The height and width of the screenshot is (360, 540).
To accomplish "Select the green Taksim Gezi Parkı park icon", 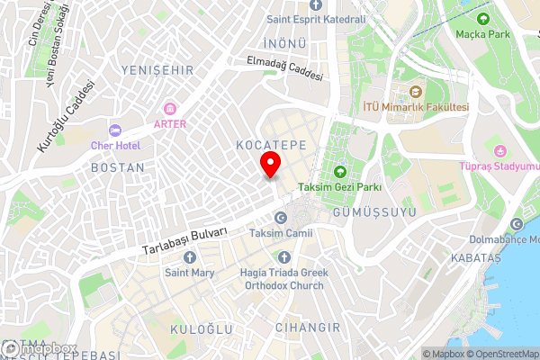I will pyautogui.click(x=341, y=171).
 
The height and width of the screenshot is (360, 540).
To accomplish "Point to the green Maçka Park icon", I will pyautogui.click(x=484, y=19).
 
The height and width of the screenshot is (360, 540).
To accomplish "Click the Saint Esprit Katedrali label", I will pyautogui.click(x=315, y=19).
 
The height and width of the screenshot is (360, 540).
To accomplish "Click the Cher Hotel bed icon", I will pyautogui.click(x=113, y=130).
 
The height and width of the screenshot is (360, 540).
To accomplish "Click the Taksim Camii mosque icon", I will pyautogui.click(x=280, y=219).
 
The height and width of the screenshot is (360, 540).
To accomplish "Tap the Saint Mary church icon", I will pyautogui.click(x=188, y=256).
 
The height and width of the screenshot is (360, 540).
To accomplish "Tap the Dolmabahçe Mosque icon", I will pyautogui.click(x=517, y=224).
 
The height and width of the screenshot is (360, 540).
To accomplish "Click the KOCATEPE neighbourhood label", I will pyautogui.click(x=271, y=144).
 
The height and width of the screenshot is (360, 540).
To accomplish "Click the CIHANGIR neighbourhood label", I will pyautogui.click(x=308, y=327).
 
